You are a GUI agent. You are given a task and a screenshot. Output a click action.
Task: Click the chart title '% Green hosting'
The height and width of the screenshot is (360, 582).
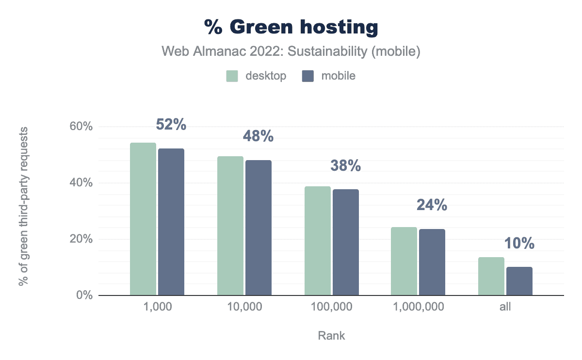291,28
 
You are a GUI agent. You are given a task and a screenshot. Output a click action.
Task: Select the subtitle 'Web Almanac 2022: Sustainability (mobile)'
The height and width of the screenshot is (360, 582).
291,51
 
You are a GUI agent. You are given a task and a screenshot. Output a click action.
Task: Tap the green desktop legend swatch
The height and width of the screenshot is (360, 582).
232,76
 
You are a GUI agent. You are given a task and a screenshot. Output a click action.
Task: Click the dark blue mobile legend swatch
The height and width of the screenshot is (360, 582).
308,76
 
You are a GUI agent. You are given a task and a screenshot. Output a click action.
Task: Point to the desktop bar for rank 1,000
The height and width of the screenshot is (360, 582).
143,219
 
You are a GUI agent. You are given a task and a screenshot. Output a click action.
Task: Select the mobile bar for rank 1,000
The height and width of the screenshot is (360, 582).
171,222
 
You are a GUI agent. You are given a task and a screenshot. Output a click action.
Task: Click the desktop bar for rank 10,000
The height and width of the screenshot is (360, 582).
230,226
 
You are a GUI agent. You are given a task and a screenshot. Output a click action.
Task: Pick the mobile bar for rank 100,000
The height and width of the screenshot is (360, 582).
346,242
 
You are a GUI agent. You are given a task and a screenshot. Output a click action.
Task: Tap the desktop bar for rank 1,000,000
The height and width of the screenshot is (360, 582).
404,261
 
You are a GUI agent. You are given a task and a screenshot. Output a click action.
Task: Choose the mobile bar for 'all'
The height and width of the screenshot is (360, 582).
519,281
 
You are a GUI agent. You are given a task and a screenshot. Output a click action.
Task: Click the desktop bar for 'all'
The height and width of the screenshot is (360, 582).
491,276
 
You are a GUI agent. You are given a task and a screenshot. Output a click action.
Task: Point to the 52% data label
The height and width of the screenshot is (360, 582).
171,125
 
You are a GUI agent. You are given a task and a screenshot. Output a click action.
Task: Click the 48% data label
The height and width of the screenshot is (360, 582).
258,136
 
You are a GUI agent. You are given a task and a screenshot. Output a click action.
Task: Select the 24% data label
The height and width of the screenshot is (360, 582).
432,205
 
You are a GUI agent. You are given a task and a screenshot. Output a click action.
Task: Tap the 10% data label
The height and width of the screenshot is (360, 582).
519,243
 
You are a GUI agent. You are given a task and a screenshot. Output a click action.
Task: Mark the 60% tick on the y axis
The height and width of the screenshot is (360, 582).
81,127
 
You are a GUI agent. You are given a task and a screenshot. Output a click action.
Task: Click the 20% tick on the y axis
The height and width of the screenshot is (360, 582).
81,239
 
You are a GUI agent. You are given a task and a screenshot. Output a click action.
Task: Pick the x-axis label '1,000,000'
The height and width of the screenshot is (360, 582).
418,307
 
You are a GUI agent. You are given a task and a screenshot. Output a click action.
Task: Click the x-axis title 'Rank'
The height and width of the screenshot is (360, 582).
332,335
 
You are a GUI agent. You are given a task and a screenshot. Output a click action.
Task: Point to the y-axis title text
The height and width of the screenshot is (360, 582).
23,206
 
